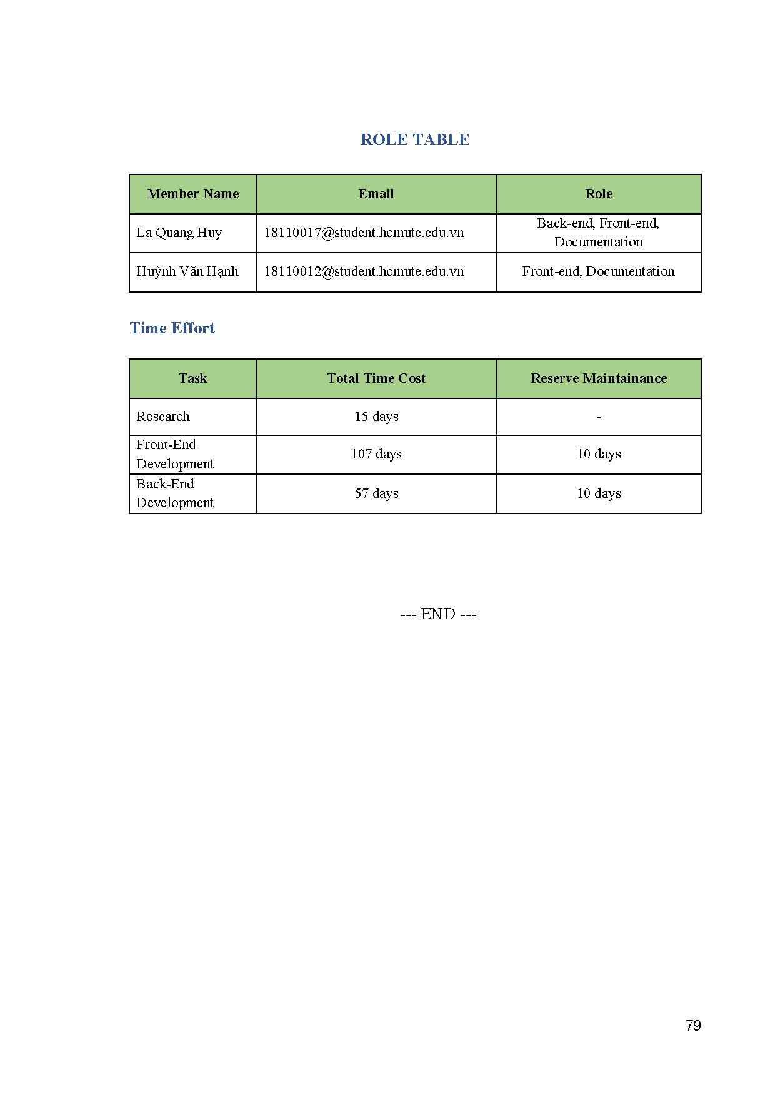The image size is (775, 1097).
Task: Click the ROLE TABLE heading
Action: tap(415, 139)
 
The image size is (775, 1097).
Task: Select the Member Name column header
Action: tap(192, 194)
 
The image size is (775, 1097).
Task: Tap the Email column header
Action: tap(376, 194)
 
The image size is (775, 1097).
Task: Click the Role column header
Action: tap(599, 194)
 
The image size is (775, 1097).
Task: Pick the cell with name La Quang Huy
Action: tap(179, 233)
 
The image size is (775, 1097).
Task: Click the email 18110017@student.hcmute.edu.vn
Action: tap(364, 233)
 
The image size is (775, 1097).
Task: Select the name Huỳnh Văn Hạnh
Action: tap(187, 271)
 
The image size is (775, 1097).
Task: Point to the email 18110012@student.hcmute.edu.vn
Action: tap(364, 271)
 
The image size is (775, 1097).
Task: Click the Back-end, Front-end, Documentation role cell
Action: tap(598, 233)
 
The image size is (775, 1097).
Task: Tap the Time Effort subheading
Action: tap(172, 328)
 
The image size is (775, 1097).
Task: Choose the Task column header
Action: tap(192, 378)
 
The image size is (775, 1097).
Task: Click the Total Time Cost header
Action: tap(376, 378)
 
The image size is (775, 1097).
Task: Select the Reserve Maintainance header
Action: tap(599, 378)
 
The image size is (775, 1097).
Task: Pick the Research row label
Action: tap(163, 417)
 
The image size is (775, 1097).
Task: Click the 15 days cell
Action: tap(376, 417)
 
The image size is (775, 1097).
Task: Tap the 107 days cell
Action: tap(376, 454)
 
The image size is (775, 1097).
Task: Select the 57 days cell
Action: tap(376, 493)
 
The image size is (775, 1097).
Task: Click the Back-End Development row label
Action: tap(175, 493)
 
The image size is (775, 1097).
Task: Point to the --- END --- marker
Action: tap(438, 614)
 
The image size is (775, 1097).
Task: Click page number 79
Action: tap(693, 1026)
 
